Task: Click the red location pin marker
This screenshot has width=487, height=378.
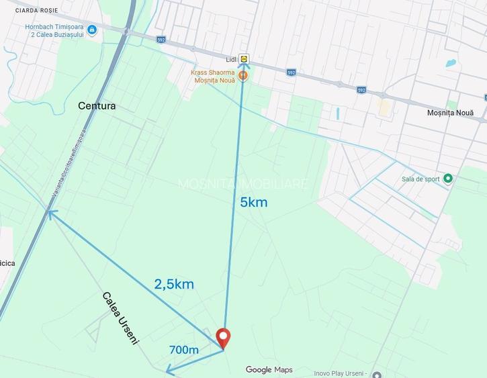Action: (222, 337)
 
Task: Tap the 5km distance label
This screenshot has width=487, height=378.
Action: (254, 201)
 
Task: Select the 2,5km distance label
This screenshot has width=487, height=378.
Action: (174, 284)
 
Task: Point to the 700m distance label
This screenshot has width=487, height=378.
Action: (184, 350)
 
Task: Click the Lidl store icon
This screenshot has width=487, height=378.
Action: (243, 59)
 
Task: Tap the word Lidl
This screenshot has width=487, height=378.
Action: (230, 60)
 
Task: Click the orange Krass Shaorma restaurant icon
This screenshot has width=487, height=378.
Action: (243, 76)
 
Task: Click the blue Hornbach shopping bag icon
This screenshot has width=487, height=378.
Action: (92, 30)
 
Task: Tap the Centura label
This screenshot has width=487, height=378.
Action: (97, 106)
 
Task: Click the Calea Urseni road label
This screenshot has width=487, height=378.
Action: (121, 318)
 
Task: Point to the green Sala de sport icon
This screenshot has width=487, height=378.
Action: (449, 178)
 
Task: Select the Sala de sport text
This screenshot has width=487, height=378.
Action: (421, 179)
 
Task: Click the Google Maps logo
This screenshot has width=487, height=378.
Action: (269, 370)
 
